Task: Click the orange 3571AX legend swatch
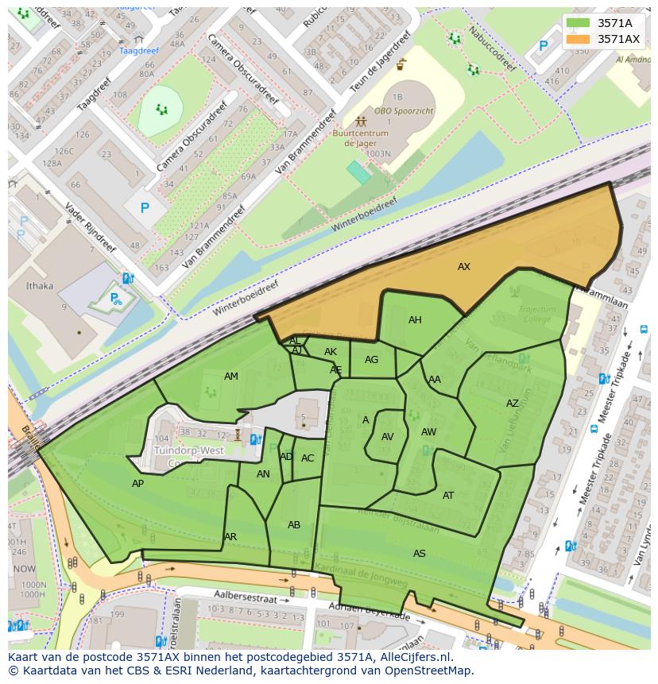(x=579, y=39)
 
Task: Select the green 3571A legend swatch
(x=579, y=23)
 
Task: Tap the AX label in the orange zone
(x=464, y=267)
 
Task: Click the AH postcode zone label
(x=415, y=320)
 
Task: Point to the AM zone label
(x=231, y=377)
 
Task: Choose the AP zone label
(x=138, y=484)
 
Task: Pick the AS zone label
(x=420, y=554)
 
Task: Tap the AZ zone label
(x=513, y=404)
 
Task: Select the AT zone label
(x=448, y=496)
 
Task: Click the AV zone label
(x=388, y=437)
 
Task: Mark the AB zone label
(x=294, y=525)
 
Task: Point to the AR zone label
(x=230, y=537)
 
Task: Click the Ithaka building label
(x=40, y=286)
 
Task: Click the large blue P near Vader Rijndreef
(x=145, y=209)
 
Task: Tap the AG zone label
(x=372, y=360)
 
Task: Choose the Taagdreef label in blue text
(x=138, y=51)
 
